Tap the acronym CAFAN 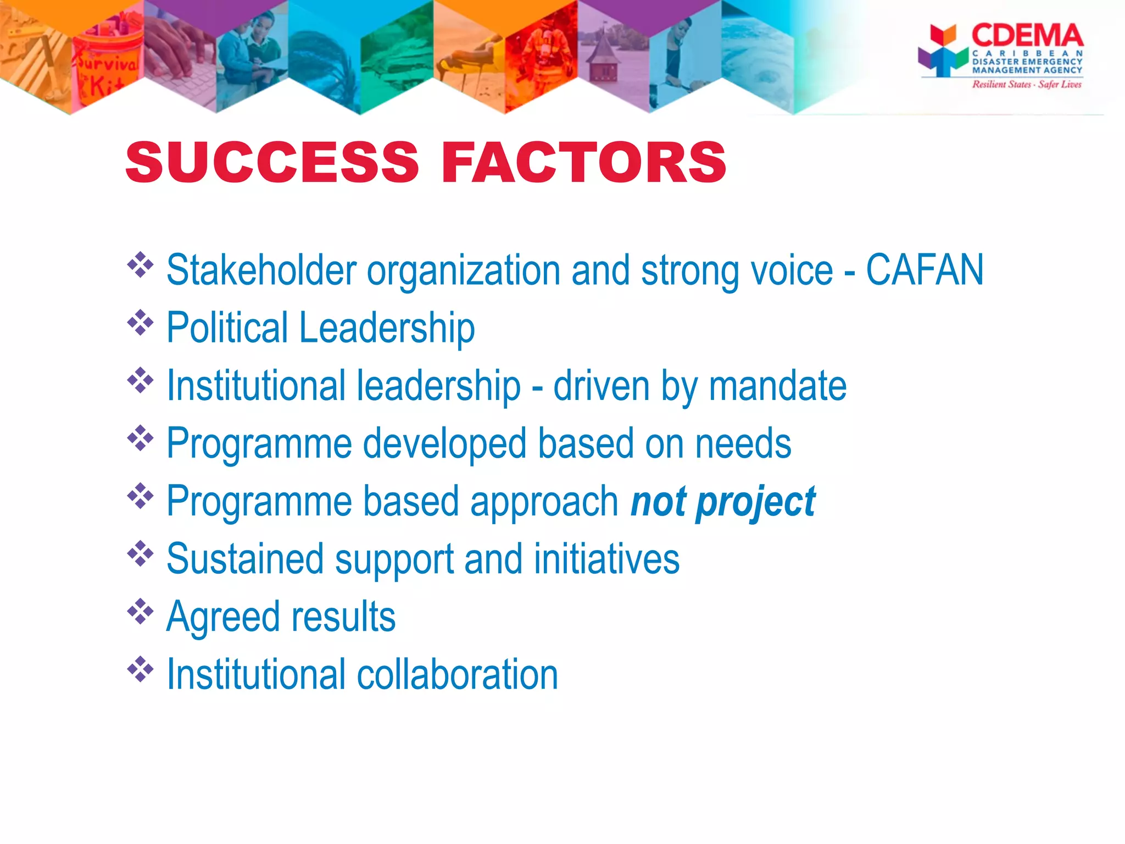coord(924,270)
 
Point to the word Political coord(227,327)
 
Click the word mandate coord(777,386)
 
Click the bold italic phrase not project coord(723,502)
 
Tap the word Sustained coord(245,559)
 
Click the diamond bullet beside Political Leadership coord(140,323)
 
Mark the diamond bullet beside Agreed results coord(140,612)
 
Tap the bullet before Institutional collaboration coord(140,669)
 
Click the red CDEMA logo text coord(1027,36)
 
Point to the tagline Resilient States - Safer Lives coord(1026,85)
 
